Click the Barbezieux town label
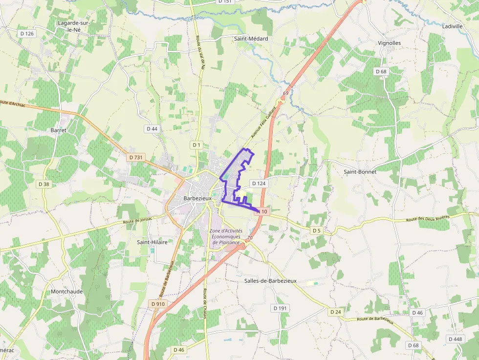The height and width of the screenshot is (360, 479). coord(198,199)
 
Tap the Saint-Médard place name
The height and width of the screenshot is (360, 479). coord(251,39)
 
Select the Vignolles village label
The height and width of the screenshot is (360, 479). coord(389,43)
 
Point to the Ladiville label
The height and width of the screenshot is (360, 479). coord(452,26)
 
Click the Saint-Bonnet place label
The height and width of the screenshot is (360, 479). coord(360,172)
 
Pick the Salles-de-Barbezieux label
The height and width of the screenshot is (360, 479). coord(270,281)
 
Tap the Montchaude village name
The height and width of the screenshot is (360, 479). coord(67,292)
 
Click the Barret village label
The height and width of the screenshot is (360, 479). coord(58,130)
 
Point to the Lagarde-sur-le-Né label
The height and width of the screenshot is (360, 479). coord(74,26)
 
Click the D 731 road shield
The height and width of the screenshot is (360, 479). coord(136,157)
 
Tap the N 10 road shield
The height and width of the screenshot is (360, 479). coord(262,212)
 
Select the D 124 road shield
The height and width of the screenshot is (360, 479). coord(259,183)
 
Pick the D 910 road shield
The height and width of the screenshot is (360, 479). coord(158,304)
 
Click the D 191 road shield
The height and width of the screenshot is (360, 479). coord(280,308)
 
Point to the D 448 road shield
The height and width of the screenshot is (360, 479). coord(455,339)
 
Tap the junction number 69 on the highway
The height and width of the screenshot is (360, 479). coord(285,93)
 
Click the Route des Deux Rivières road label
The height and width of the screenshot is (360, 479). coord(428,219)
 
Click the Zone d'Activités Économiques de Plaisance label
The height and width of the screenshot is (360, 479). coord(226,236)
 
